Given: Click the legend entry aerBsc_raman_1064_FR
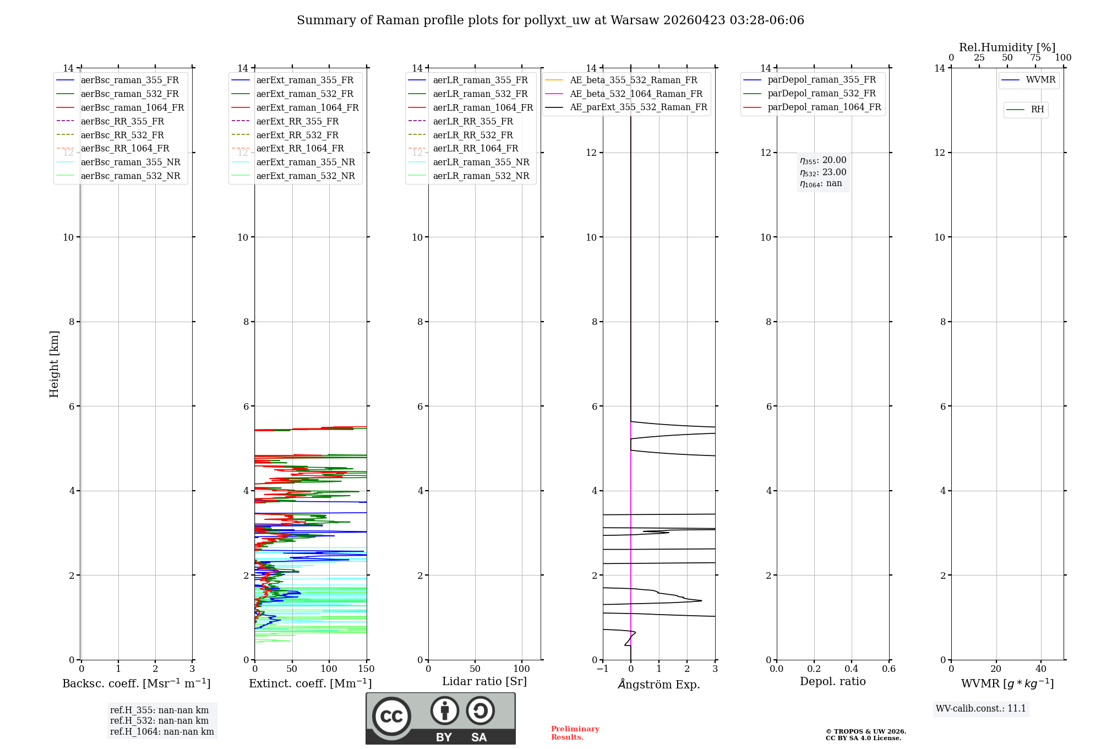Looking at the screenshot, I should point(132,107).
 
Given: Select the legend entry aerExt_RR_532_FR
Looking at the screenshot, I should point(297,135).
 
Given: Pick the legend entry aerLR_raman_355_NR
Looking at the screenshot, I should point(481,162).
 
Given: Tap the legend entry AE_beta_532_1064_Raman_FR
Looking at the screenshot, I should point(636,94).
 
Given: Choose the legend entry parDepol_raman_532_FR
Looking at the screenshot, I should point(821,94).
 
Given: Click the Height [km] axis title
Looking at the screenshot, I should point(54,363).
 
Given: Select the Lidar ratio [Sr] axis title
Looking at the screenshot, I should point(484,681).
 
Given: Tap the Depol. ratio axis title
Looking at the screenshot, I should point(832,681).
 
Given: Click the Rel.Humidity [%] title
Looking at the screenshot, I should point(1007,47).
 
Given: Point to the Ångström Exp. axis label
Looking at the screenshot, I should point(659,684).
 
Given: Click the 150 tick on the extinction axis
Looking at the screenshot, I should point(366,669).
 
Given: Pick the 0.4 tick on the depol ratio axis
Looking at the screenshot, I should point(851,669).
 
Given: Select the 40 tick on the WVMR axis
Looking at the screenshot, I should point(1040,669).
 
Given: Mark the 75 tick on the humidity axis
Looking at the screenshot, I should point(1035,58).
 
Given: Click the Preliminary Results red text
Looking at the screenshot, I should point(575,732).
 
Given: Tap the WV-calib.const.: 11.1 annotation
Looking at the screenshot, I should point(981,708).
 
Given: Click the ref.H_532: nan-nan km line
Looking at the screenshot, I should point(159,720).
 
